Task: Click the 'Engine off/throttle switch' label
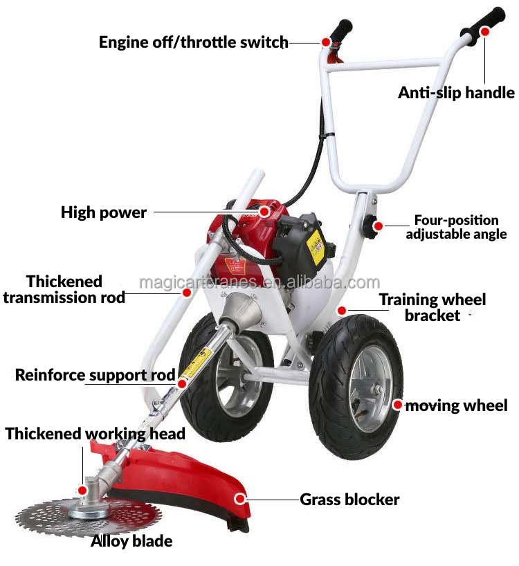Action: (193, 42)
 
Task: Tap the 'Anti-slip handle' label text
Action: (456, 92)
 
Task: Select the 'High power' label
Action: (104, 212)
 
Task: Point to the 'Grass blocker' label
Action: (349, 499)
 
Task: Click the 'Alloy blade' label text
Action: (131, 540)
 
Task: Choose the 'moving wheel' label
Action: (457, 405)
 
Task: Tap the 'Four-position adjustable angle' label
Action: (456, 227)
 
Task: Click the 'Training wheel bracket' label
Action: (432, 307)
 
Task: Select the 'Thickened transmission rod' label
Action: (64, 289)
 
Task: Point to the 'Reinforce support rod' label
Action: (95, 376)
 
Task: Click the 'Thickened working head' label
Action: (95, 434)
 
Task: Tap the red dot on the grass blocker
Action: (240, 498)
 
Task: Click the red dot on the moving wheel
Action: (397, 405)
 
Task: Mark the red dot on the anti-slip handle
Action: (485, 32)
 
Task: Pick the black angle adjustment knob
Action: (376, 226)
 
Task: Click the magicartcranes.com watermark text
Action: (259, 282)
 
